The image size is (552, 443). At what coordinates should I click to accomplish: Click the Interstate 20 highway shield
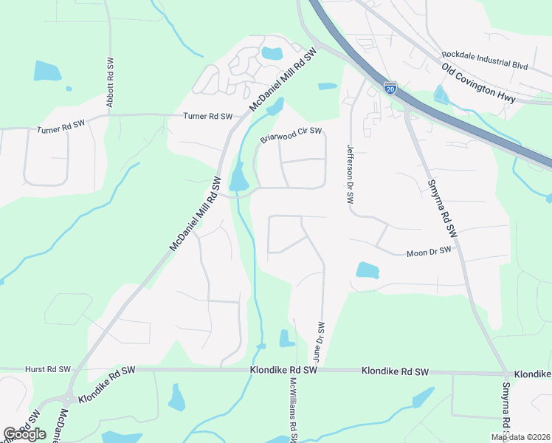tap(390, 88)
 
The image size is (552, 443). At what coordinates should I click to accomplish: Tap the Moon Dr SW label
tap(429, 253)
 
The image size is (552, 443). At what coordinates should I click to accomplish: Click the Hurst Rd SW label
tap(47, 369)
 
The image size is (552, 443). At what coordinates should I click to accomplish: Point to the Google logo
tap(24, 434)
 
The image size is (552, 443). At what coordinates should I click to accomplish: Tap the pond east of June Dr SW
tap(367, 270)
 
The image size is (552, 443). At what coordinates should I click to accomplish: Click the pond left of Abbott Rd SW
tap(47, 71)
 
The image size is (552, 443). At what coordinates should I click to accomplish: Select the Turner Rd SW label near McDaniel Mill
tap(208, 117)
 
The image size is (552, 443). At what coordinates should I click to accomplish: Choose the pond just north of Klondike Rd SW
tap(287, 338)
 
